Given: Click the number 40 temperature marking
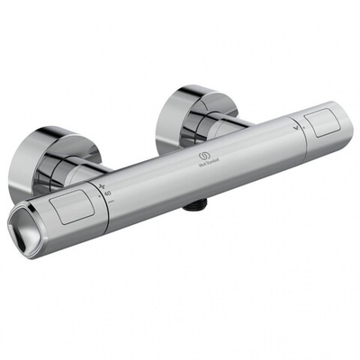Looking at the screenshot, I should (107, 192).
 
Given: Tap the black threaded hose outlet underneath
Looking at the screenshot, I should (192, 205).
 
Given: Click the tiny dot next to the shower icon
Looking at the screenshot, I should (292, 137).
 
